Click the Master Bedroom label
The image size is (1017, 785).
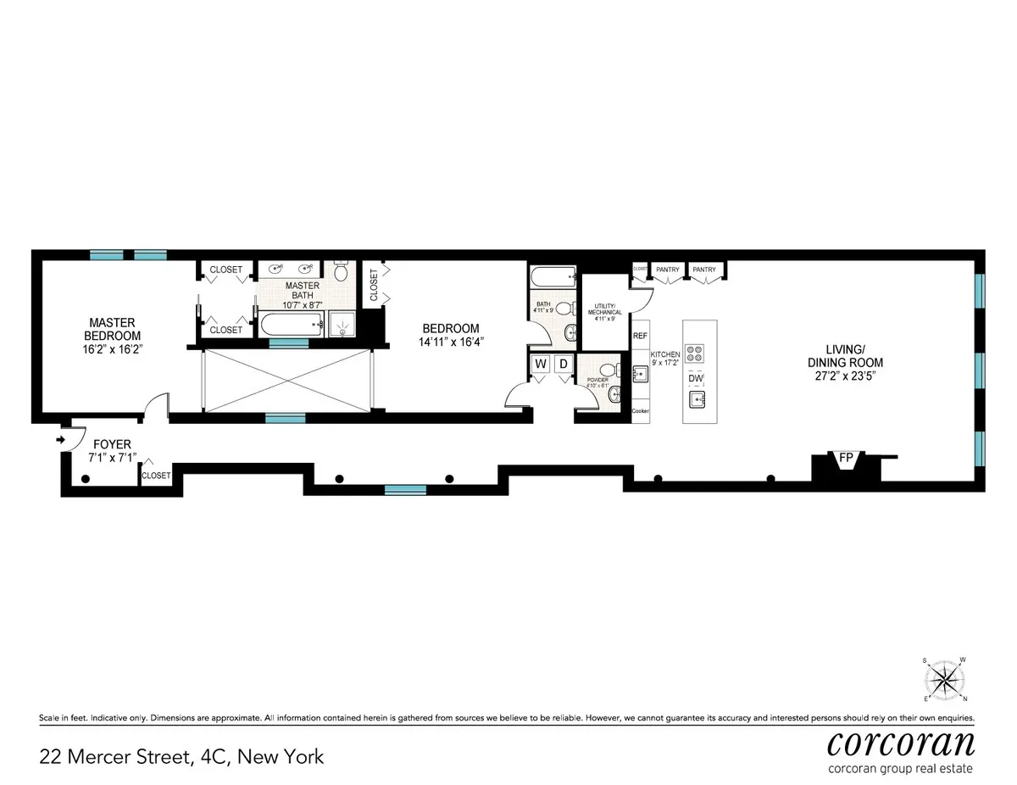(x=113, y=328)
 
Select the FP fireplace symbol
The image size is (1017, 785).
(x=845, y=458)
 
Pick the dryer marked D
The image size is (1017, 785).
(x=563, y=365)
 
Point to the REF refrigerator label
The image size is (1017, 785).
(x=640, y=336)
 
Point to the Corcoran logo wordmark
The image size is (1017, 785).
(x=900, y=744)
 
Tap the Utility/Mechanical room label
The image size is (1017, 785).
(x=607, y=308)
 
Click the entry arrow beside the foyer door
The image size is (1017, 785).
(x=60, y=440)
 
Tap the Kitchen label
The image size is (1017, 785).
(x=665, y=354)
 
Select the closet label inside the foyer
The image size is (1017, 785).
(x=156, y=476)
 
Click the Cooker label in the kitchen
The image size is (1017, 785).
(x=640, y=411)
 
